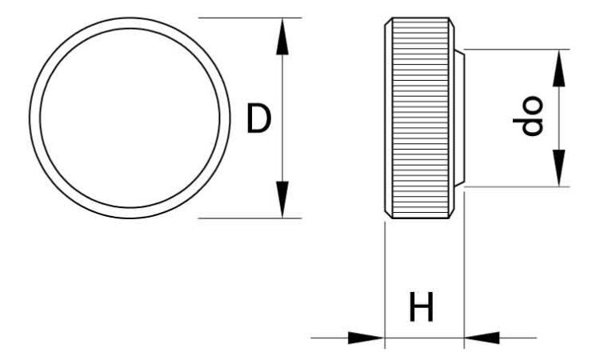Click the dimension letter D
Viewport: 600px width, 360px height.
click(x=258, y=118)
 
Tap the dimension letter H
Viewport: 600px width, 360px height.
click(x=421, y=306)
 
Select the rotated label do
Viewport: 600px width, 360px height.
click(x=529, y=115)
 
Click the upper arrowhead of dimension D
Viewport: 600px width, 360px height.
click(x=282, y=37)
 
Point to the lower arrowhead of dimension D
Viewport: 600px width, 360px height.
click(x=282, y=199)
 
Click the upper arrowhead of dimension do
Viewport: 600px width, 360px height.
click(x=558, y=68)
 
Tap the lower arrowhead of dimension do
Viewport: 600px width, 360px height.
click(x=558, y=168)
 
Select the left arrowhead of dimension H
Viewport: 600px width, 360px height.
click(x=366, y=338)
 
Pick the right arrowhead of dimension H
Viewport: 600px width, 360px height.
click(x=482, y=338)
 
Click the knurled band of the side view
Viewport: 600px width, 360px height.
click(x=420, y=118)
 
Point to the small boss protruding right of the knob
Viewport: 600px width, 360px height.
click(x=459, y=118)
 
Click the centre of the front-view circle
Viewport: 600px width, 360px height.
click(x=130, y=118)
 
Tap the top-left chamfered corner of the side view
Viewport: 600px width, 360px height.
click(x=388, y=22)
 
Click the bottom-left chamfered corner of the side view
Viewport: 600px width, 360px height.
click(x=388, y=214)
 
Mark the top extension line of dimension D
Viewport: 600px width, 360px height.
click(x=250, y=18)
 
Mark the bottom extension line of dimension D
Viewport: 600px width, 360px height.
click(x=250, y=218)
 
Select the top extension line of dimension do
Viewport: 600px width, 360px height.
click(x=517, y=50)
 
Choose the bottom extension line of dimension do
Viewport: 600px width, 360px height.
click(x=517, y=186)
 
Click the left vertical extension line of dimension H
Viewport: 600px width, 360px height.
click(x=385, y=285)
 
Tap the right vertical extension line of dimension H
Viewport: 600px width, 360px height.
click(x=464, y=270)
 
